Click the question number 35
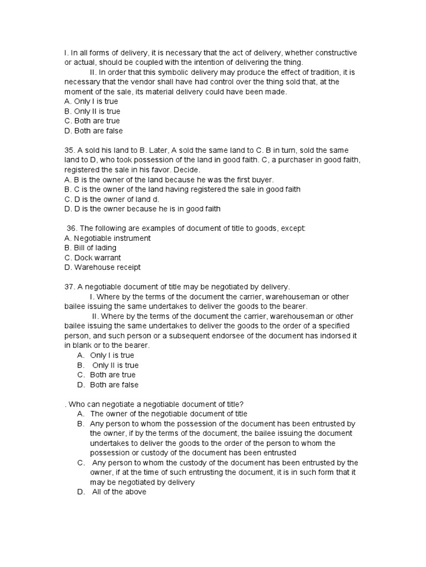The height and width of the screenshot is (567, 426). pyautogui.click(x=70, y=150)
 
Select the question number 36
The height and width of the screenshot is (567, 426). pyautogui.click(x=72, y=228)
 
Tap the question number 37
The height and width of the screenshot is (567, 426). pyautogui.click(x=70, y=286)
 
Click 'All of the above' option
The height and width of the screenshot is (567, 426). pyautogui.click(x=118, y=492)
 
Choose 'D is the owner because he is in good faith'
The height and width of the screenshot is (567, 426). pyautogui.click(x=143, y=209)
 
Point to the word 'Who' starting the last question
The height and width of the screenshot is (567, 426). pyautogui.click(x=75, y=404)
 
